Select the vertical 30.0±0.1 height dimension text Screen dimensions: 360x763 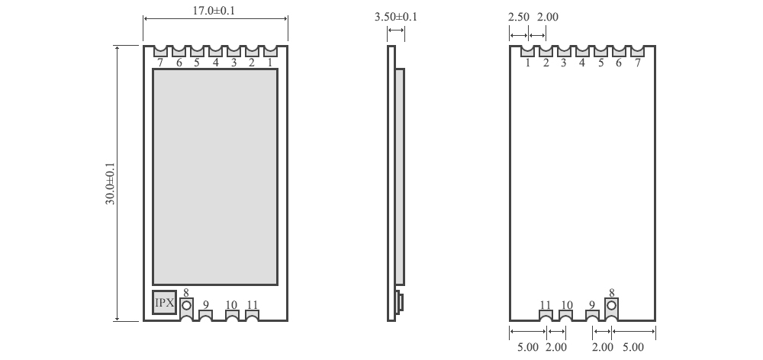tap(110, 183)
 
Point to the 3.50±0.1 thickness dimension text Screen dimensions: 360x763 tap(396, 16)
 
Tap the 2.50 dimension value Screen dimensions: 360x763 tap(519, 16)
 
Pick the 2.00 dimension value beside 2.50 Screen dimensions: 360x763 tap(548, 16)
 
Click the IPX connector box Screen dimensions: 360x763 tap(164, 303)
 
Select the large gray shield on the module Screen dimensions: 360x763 tap(215, 177)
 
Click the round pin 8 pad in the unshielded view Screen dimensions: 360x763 tap(611, 307)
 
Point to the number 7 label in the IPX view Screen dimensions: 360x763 tap(160, 63)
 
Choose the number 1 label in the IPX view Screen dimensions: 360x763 tap(269, 63)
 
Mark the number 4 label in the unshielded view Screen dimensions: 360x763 tap(582, 63)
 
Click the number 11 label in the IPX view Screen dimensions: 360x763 tap(253, 305)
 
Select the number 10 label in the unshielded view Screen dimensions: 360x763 tap(566, 305)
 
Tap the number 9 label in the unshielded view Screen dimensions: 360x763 tap(591, 305)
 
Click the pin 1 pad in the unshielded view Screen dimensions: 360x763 tap(527, 51)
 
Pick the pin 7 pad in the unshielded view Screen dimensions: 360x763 tap(637, 51)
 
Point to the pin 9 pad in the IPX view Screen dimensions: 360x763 tap(205, 315)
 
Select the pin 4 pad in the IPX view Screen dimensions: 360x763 tap(215, 51)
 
